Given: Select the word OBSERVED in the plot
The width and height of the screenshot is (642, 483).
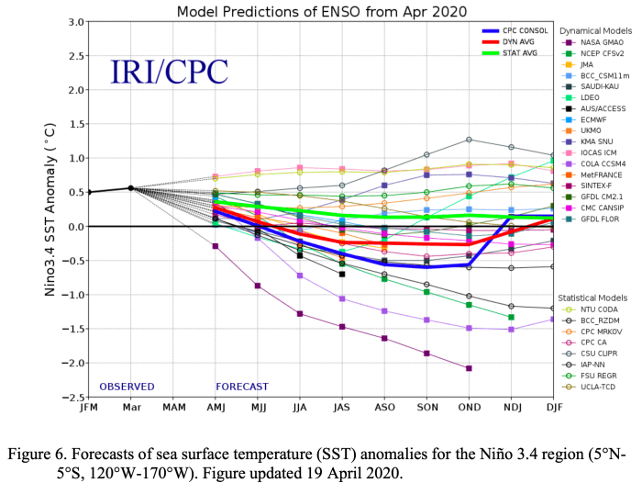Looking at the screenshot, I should [127, 387].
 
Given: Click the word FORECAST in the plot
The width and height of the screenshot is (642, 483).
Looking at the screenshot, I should [242, 387].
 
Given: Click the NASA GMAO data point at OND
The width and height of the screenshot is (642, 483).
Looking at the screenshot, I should [469, 368].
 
